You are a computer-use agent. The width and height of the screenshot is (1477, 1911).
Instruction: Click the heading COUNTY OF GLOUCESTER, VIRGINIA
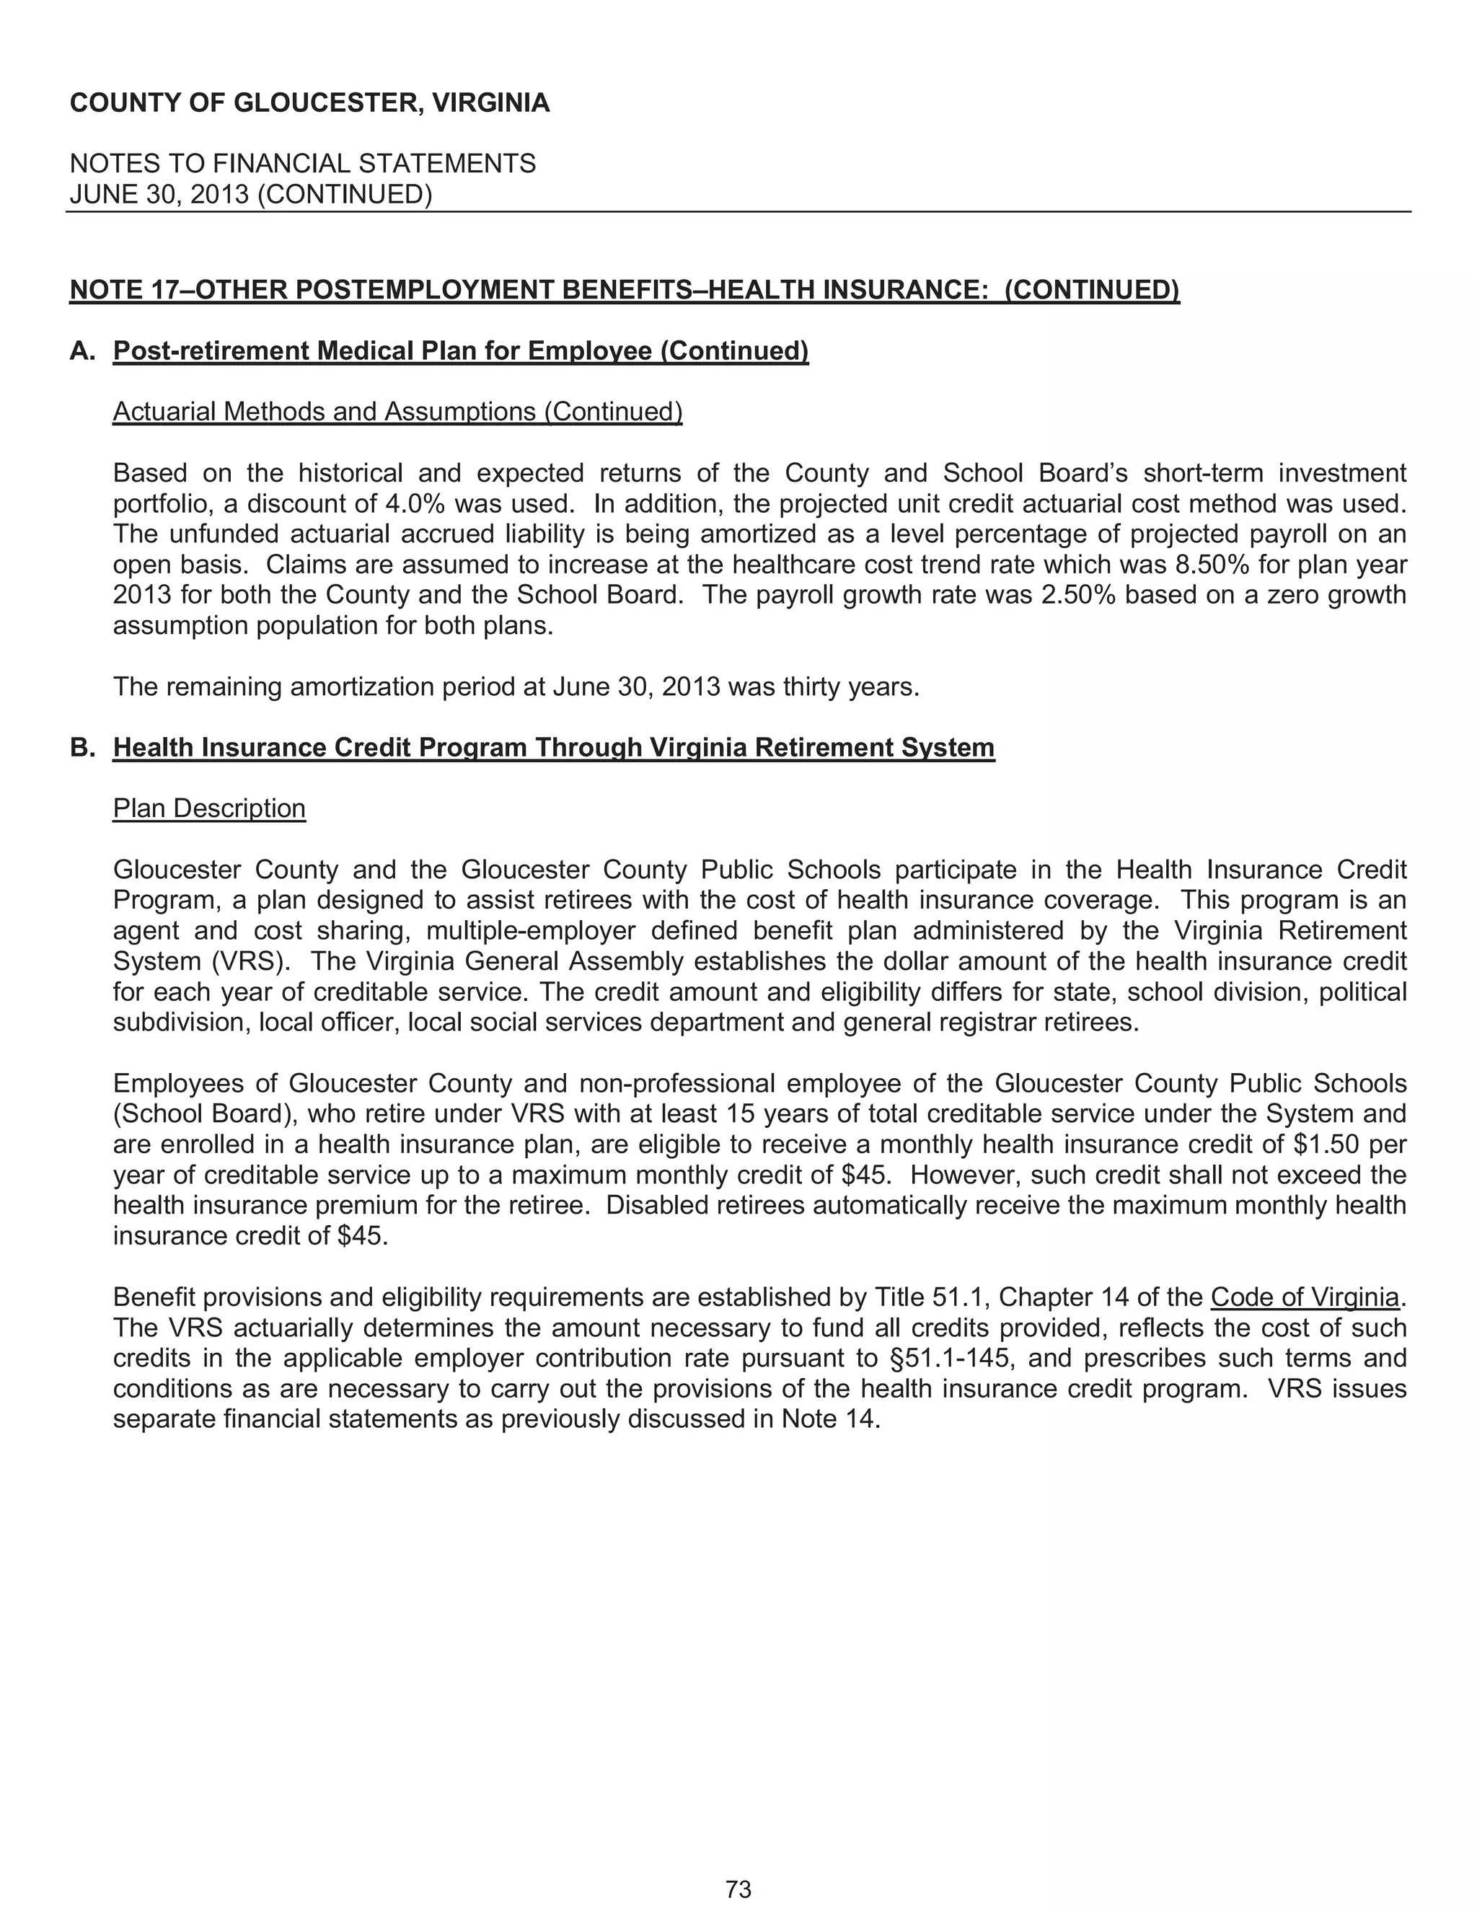coord(309,103)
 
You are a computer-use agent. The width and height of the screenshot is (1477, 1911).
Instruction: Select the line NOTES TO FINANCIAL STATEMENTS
coord(302,164)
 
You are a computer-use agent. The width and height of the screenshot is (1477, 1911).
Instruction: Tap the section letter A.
coord(81,351)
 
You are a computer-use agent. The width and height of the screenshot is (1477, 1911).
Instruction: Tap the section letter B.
coord(81,747)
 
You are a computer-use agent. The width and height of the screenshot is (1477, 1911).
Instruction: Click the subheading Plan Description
coord(209,808)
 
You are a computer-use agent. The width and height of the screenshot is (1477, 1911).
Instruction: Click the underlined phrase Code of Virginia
coord(1305,1297)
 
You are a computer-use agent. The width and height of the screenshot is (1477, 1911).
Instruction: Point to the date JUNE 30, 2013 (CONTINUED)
coord(250,194)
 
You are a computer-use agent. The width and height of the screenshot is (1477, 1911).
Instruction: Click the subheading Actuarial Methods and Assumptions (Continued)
coord(397,411)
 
